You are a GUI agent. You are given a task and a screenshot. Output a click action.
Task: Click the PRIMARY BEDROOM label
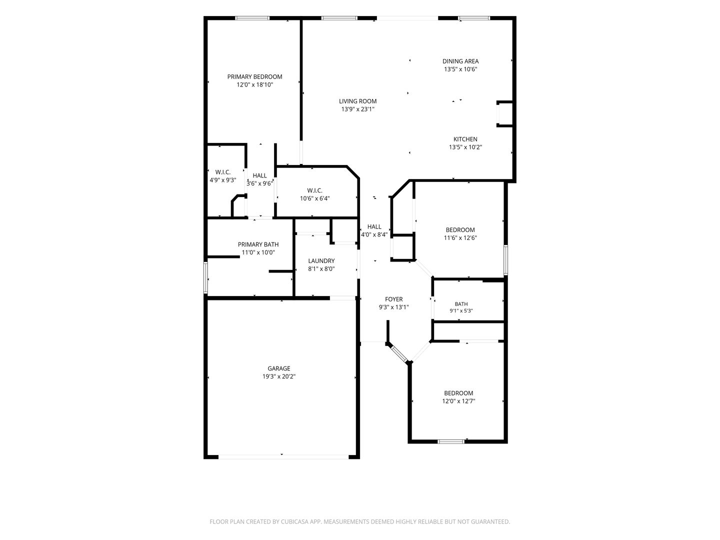254,76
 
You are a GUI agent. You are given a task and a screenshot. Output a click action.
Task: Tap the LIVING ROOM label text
357,101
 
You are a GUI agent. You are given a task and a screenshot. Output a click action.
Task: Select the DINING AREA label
460,61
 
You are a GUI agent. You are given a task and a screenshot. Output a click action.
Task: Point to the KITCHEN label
465,139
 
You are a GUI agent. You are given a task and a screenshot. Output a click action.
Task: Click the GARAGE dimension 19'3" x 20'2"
279,376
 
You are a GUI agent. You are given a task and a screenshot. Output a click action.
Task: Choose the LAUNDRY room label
321,261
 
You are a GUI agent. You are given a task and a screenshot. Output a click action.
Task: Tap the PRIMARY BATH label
258,244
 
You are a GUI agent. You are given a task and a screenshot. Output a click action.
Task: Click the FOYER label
393,299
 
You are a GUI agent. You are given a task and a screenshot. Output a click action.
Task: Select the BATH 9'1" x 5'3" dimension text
461,311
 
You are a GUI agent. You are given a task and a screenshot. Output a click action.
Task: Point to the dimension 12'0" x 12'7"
458,401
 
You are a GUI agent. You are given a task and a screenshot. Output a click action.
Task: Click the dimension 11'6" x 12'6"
460,238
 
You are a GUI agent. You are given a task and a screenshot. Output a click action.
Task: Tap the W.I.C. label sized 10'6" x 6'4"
314,190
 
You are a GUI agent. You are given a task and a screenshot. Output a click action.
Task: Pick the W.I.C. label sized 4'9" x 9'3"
222,172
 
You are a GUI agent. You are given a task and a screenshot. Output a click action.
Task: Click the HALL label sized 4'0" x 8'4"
374,226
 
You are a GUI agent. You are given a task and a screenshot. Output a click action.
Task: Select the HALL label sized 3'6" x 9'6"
259,175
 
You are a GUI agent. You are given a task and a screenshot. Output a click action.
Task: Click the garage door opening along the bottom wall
283,456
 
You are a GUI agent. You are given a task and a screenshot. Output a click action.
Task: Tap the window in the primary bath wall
205,277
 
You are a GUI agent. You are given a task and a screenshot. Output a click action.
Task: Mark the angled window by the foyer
399,353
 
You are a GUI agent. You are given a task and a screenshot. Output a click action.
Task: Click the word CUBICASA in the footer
294,521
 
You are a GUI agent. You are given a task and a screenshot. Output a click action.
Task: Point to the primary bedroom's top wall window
252,18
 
